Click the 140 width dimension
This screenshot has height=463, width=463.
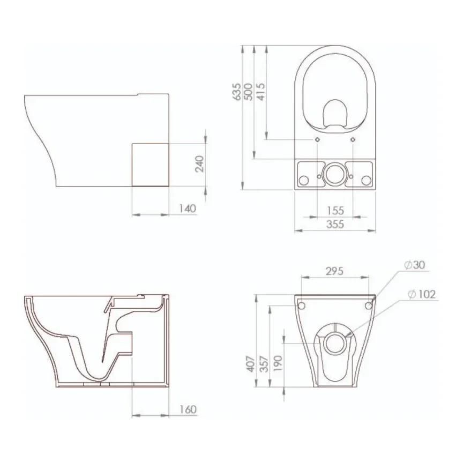[x=188, y=208]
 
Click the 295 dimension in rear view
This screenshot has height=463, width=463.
[x=334, y=271]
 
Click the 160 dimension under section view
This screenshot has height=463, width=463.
[x=188, y=409]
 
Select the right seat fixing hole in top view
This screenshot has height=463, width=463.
[x=353, y=139]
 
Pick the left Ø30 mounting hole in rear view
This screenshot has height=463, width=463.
[x=301, y=305]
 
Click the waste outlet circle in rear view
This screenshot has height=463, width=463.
[x=334, y=342]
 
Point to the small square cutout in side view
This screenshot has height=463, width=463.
[x=151, y=164]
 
